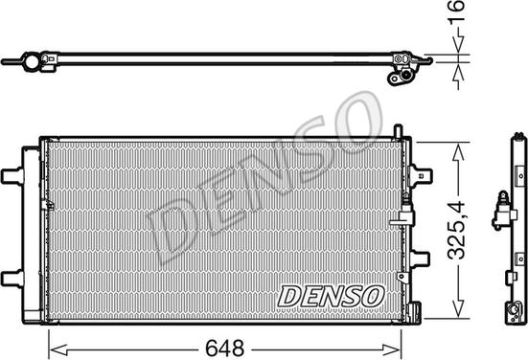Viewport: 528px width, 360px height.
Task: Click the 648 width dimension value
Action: pos(224,348)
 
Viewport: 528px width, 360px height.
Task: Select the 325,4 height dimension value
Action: pos(457,230)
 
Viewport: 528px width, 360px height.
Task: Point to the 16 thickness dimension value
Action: pos(457,11)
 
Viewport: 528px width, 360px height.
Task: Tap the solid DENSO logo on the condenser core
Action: pos(331,296)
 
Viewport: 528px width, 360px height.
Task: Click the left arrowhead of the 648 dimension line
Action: pos(58,349)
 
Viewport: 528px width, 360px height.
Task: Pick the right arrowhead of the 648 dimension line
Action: pos(392,349)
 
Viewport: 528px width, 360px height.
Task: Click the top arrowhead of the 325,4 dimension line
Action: pos(458,151)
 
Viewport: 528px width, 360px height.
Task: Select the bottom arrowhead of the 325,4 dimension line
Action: pos(458,308)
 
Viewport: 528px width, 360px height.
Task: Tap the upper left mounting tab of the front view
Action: pos(12,176)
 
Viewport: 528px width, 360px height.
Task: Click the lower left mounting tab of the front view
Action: pos(12,279)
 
